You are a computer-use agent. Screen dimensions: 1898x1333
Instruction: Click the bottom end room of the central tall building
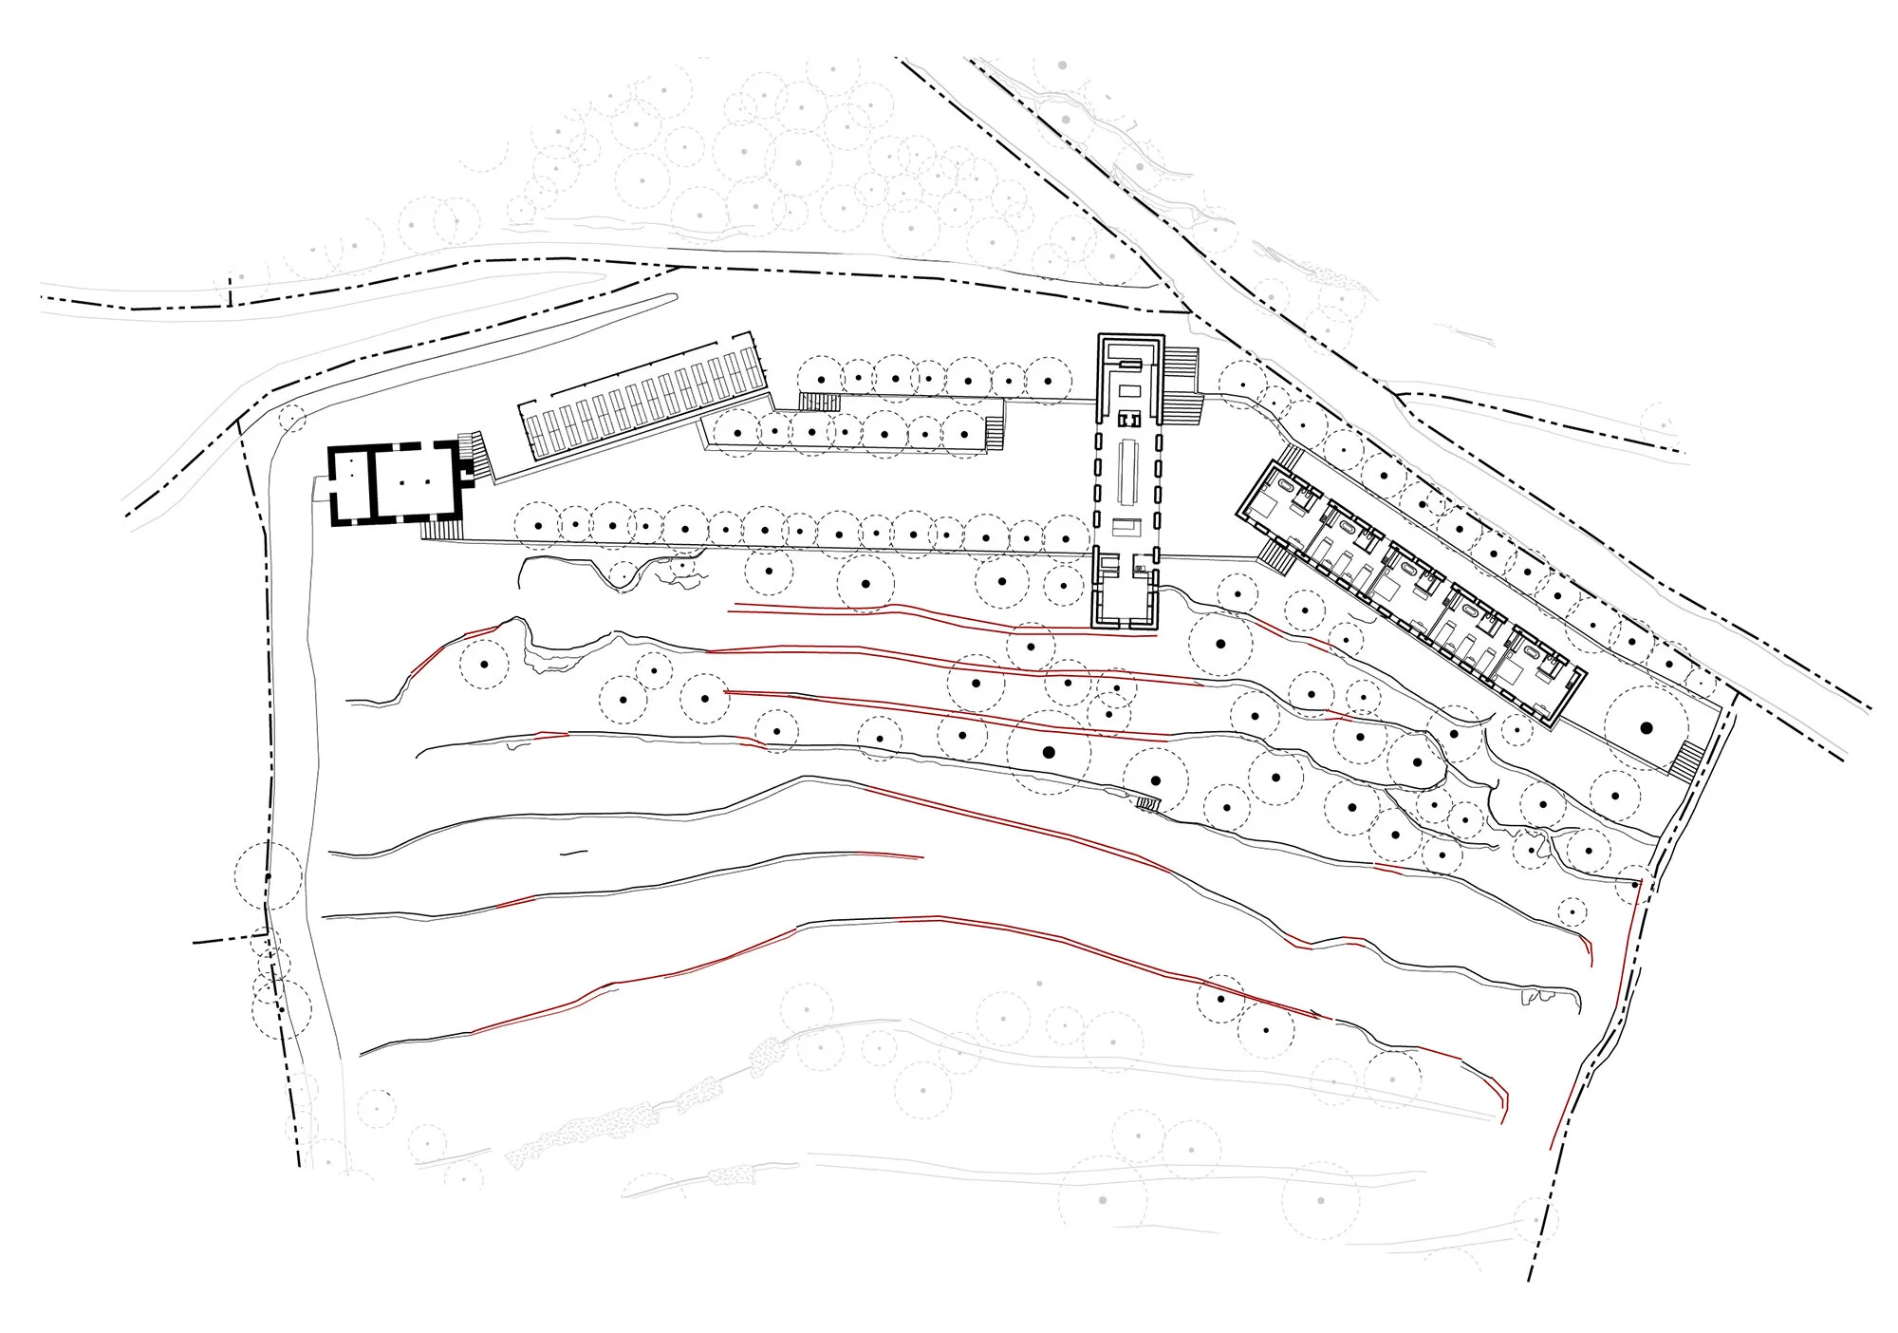[x=1128, y=604]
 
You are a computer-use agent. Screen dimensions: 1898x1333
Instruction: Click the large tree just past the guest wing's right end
[x=1647, y=727]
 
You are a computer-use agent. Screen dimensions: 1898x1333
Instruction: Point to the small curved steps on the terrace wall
[x=1148, y=804]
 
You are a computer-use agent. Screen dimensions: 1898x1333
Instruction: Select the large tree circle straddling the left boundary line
[x=269, y=874]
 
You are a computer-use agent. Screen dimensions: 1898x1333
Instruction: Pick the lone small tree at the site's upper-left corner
[x=292, y=418]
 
